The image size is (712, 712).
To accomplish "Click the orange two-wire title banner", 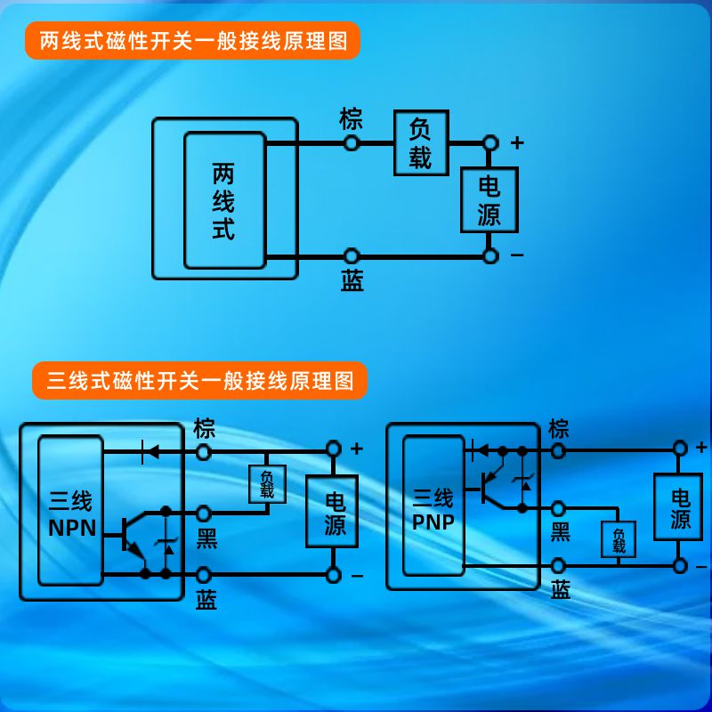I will pyautogui.click(x=192, y=41).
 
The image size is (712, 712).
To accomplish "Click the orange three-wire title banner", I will pyautogui.click(x=199, y=381).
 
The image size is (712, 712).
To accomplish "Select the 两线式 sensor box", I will pyautogui.click(x=224, y=200).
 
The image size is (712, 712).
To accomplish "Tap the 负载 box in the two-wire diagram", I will pyautogui.click(x=421, y=143).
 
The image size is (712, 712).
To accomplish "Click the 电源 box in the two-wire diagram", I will pyautogui.click(x=489, y=200).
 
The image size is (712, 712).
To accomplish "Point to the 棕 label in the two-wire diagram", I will pyautogui.click(x=352, y=117).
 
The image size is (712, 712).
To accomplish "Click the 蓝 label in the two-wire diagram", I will pyautogui.click(x=352, y=282).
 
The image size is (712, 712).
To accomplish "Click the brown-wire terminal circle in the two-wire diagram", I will pyautogui.click(x=352, y=142).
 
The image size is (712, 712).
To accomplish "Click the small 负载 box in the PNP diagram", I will pyautogui.click(x=619, y=540).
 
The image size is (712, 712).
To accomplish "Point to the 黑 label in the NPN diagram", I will pyautogui.click(x=206, y=538).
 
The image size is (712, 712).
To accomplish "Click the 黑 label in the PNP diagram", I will pyautogui.click(x=560, y=532).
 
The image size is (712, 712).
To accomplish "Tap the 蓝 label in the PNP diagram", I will pyautogui.click(x=560, y=589).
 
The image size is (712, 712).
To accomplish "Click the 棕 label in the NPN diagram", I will pyautogui.click(x=205, y=429).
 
